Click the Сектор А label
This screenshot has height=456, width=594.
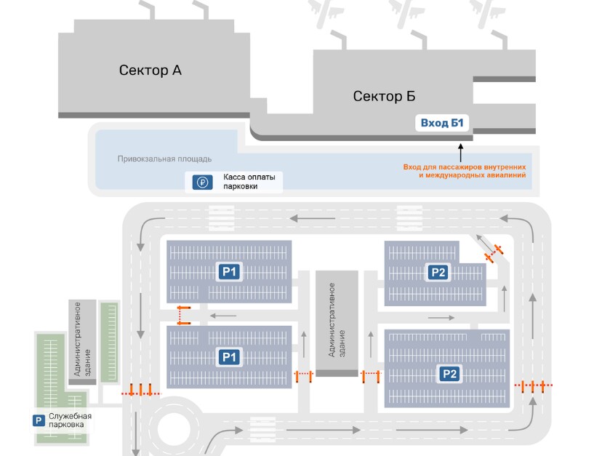150,70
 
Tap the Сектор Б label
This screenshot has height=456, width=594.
384,96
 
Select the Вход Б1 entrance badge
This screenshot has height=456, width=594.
443,123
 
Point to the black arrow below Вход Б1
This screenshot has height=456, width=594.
459,151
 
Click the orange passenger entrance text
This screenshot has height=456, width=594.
464,171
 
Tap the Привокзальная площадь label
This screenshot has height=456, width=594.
164,159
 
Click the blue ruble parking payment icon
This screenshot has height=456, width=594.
203,183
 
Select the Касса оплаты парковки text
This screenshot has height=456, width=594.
244,182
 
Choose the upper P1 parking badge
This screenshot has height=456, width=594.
230,272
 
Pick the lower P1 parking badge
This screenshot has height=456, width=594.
230,357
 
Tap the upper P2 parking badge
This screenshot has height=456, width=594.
438,272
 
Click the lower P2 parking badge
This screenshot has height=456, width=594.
449,374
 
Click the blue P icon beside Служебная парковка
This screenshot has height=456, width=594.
39,420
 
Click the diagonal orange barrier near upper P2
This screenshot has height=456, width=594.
494,254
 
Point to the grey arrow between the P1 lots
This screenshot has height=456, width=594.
224,316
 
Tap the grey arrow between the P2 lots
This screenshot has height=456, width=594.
441,317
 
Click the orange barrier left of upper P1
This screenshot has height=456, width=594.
182,315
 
